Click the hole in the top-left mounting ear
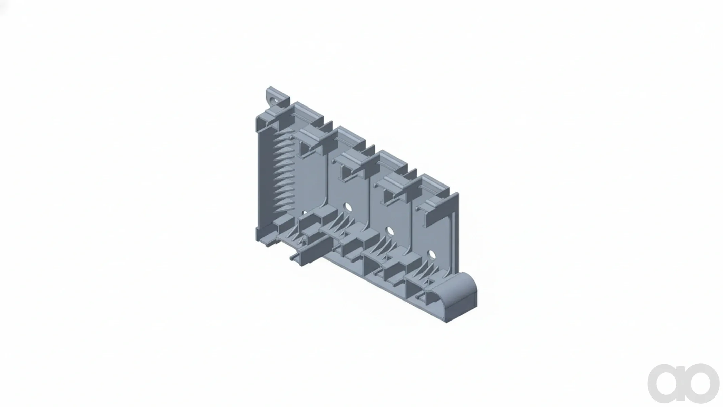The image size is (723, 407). click(274, 100)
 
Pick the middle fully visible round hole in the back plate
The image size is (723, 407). click(390, 232)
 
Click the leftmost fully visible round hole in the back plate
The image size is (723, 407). click(347, 207)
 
